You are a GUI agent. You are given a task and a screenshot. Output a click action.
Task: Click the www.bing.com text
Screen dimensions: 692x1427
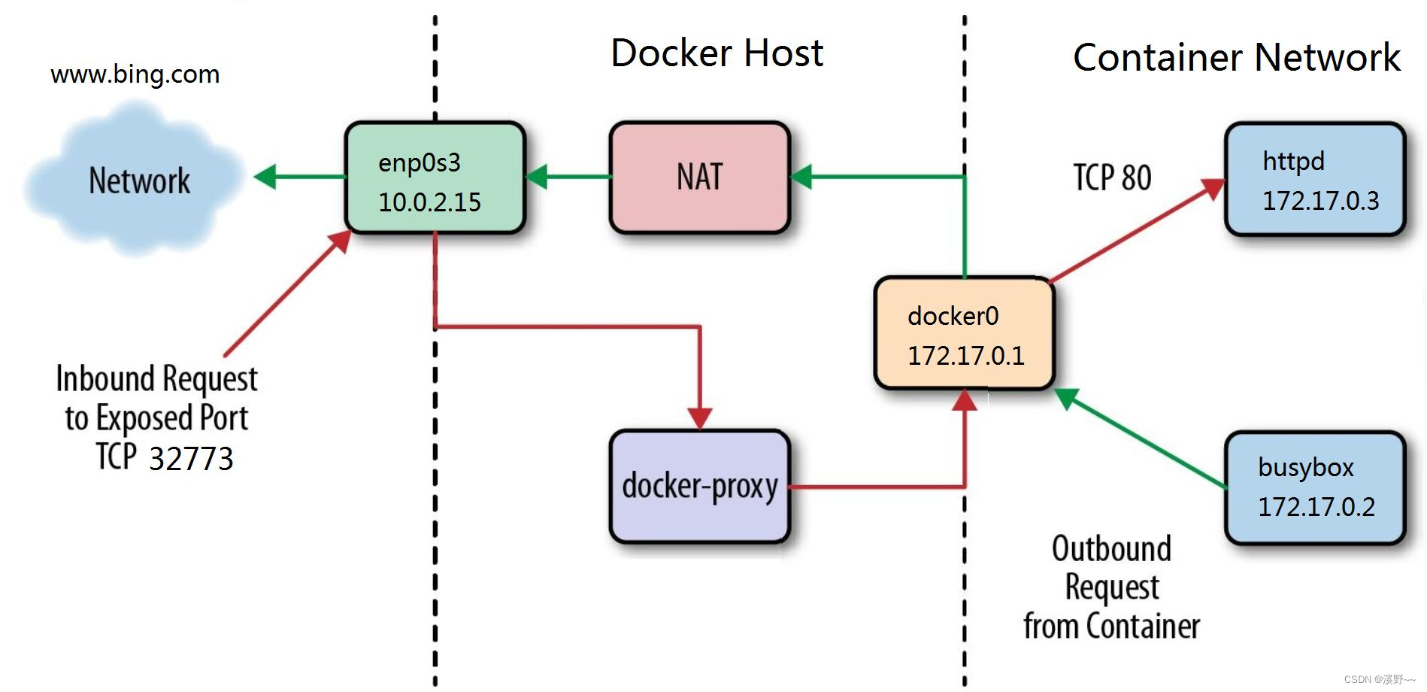(135, 74)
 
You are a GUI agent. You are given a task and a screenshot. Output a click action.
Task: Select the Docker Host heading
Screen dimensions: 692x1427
(717, 53)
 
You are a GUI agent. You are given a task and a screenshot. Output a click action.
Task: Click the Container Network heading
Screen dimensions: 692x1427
(1236, 58)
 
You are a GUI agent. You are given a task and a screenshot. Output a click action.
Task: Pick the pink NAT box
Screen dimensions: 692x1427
(699, 178)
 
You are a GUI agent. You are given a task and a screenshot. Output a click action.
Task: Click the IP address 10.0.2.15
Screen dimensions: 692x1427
(429, 202)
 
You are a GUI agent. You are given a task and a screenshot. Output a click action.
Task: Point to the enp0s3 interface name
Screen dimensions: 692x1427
(419, 162)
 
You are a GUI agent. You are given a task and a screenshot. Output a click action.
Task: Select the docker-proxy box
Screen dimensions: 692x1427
(699, 486)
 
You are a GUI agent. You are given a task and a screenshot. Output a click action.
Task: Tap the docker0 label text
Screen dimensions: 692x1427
(953, 316)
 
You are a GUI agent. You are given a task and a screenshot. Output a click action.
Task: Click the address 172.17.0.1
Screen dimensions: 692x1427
(965, 355)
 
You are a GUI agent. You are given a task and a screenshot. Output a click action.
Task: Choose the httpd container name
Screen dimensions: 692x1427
(1292, 161)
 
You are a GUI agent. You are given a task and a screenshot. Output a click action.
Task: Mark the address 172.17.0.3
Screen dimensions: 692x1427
(1320, 200)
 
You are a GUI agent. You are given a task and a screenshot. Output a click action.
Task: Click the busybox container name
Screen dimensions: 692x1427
(1305, 467)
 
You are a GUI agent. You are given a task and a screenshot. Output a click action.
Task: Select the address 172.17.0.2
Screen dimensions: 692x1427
(1316, 506)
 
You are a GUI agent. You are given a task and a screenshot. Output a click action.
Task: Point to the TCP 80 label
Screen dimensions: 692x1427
(1111, 178)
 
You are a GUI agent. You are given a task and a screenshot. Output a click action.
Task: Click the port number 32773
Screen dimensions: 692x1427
(191, 459)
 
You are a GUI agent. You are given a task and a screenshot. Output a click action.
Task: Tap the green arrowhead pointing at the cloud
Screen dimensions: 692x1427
(265, 177)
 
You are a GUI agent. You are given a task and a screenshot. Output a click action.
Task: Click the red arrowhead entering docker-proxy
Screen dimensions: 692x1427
(700, 417)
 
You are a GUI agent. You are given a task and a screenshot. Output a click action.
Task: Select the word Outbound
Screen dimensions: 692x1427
(1110, 548)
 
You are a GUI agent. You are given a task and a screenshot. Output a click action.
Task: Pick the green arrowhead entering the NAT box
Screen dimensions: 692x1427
(801, 177)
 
